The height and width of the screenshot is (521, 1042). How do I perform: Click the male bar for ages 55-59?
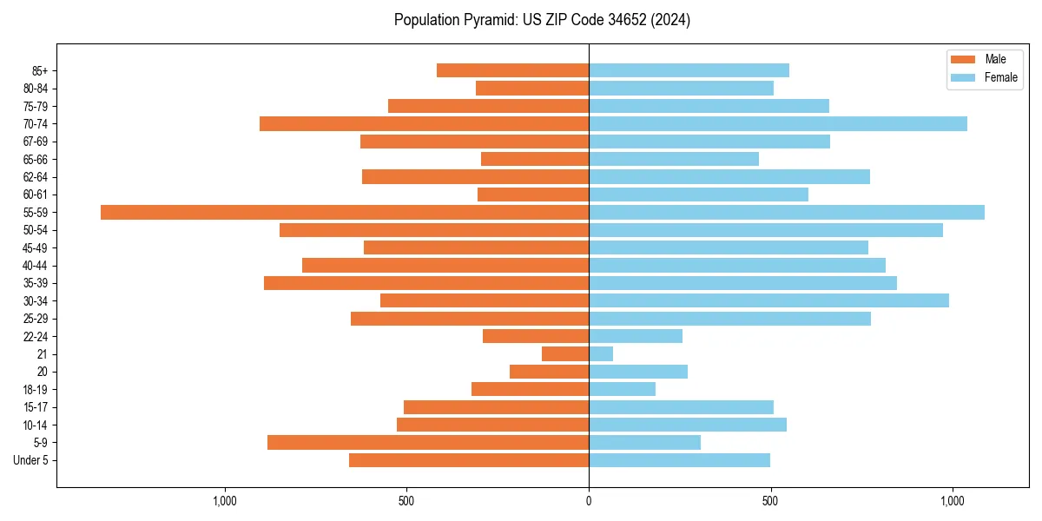click(345, 212)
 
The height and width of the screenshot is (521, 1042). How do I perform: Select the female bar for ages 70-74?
click(778, 123)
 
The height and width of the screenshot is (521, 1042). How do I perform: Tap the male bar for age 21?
click(565, 353)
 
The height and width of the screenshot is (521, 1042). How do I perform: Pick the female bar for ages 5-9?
click(644, 442)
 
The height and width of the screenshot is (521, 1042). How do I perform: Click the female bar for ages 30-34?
click(768, 300)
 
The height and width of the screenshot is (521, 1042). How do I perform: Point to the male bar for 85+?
click(512, 70)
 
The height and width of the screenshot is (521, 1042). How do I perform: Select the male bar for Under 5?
click(469, 460)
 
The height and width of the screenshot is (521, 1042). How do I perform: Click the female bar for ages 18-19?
click(622, 389)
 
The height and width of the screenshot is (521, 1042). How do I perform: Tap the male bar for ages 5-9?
click(428, 442)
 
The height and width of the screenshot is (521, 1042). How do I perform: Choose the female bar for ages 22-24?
click(636, 336)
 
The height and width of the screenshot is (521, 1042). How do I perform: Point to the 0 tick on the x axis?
click(589, 501)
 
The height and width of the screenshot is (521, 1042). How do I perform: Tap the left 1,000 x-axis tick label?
click(225, 501)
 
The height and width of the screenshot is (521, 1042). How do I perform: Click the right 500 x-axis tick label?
click(770, 501)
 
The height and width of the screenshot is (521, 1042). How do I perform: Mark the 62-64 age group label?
click(36, 177)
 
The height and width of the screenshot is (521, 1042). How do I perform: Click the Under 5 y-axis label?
click(31, 460)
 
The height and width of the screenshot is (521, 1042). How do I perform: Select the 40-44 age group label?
click(36, 266)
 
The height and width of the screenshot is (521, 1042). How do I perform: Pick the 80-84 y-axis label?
click(36, 89)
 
